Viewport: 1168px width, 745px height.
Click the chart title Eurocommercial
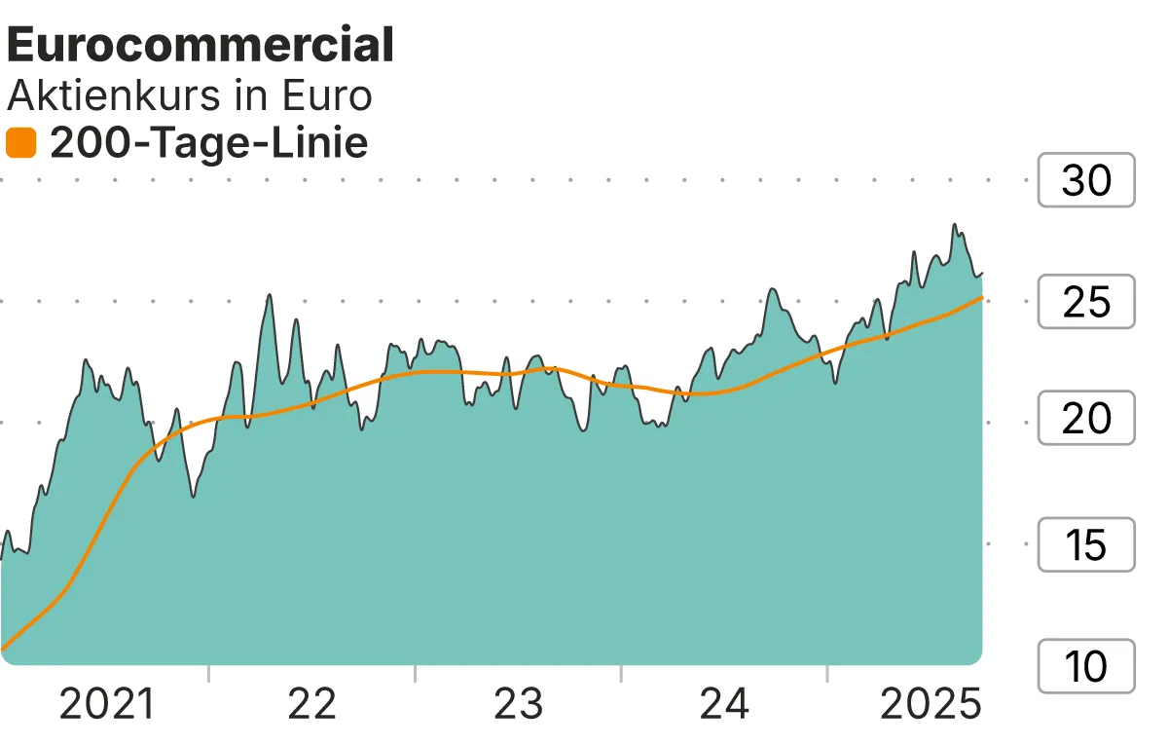201,46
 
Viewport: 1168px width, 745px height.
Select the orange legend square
20,143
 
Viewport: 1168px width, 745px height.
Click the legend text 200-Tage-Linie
208,143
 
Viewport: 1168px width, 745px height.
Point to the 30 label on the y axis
1086,180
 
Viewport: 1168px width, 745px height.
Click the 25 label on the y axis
1086,302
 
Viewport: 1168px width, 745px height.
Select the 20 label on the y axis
1086,419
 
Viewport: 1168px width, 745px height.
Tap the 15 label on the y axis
1086,544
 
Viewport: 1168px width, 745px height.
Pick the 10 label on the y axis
1086,667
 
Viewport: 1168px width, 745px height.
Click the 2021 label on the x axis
107,703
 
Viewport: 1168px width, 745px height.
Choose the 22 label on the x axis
312,703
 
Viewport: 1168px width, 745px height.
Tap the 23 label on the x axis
518,703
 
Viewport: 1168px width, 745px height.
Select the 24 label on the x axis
725,703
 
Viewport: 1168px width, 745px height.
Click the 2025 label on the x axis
930,703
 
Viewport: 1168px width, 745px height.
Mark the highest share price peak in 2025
955,225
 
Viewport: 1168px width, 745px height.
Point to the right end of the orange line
981,297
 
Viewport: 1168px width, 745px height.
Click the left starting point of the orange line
3,648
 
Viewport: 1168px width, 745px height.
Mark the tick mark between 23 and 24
621,674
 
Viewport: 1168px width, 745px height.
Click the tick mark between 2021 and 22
208,674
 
